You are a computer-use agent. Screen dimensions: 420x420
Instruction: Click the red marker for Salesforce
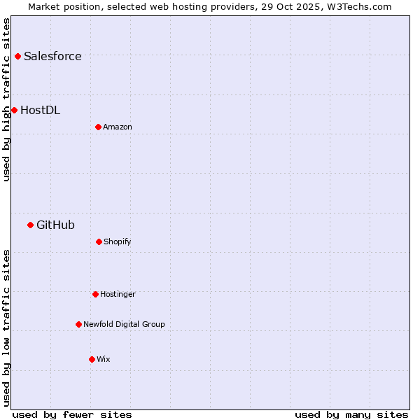(17, 56)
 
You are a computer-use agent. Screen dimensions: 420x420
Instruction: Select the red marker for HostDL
(14, 110)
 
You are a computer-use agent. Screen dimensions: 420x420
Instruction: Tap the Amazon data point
(98, 127)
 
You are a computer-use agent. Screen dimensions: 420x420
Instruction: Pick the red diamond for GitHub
(30, 225)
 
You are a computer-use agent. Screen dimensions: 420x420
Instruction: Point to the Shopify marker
(99, 241)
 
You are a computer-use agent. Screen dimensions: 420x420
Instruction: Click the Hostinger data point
(95, 294)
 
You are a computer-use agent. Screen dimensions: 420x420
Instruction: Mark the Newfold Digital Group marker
(78, 324)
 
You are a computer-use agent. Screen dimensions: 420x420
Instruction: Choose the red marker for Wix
(92, 359)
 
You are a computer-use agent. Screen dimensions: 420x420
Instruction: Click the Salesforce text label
(52, 56)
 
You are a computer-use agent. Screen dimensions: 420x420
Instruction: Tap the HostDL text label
(40, 110)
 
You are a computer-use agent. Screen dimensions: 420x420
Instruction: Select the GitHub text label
(55, 225)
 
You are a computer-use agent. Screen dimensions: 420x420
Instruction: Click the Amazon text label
(118, 127)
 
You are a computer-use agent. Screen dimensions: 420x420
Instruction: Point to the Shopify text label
(118, 241)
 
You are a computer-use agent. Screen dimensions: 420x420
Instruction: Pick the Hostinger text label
(118, 294)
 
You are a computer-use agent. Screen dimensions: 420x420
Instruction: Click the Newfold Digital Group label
(124, 324)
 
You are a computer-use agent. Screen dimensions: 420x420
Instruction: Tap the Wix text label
(104, 359)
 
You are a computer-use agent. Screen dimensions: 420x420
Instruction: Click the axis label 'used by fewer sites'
(71, 414)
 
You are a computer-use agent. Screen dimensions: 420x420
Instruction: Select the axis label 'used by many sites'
(351, 414)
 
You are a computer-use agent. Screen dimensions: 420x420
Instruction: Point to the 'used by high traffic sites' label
(6, 99)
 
